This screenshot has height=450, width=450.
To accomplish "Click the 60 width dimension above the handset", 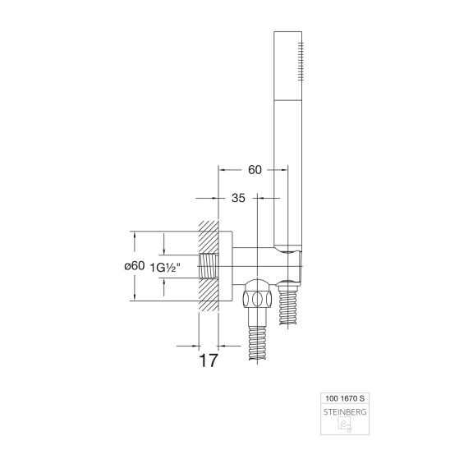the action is (255, 170).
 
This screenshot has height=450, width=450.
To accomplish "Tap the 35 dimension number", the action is (238, 198).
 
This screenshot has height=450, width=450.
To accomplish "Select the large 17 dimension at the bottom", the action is (209, 360).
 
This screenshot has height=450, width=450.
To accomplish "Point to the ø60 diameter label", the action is (135, 266).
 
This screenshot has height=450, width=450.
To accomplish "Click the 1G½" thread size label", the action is (165, 268).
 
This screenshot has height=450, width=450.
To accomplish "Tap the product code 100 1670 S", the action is (345, 398).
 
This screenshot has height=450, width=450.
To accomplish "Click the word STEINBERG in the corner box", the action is (345, 412).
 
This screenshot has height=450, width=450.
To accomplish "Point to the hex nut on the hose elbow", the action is (257, 299).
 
